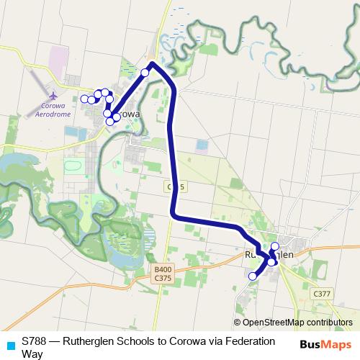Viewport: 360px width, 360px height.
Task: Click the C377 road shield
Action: (x=321, y=294)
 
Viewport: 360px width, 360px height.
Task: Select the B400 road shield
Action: (x=163, y=270)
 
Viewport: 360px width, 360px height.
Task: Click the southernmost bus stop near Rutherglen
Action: (x=253, y=276)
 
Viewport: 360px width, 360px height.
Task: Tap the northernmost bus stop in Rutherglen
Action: (x=274, y=246)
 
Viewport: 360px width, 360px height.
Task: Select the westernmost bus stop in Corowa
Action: (x=84, y=99)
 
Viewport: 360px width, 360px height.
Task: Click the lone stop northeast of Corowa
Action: (x=145, y=73)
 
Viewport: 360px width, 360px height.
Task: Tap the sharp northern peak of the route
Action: (x=153, y=63)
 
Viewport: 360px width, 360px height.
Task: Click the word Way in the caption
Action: (x=32, y=354)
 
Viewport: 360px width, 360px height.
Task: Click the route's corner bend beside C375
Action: (x=174, y=213)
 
